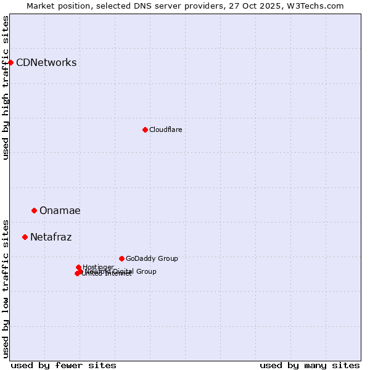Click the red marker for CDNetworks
click(x=10, y=62)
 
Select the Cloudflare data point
click(x=145, y=129)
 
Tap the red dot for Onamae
click(x=34, y=210)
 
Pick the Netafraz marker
click(x=25, y=237)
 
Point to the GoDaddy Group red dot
click(x=121, y=258)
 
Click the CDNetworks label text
click(x=46, y=62)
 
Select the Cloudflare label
click(x=165, y=129)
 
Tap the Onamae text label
click(x=60, y=210)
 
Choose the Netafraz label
click(x=51, y=237)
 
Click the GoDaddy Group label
click(x=152, y=258)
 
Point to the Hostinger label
click(x=98, y=267)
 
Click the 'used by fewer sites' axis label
click(x=64, y=365)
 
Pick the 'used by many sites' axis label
click(x=310, y=365)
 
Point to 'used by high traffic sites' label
click(x=6, y=88)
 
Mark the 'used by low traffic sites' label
click(x=6, y=288)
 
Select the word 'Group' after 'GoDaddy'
click(x=167, y=258)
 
